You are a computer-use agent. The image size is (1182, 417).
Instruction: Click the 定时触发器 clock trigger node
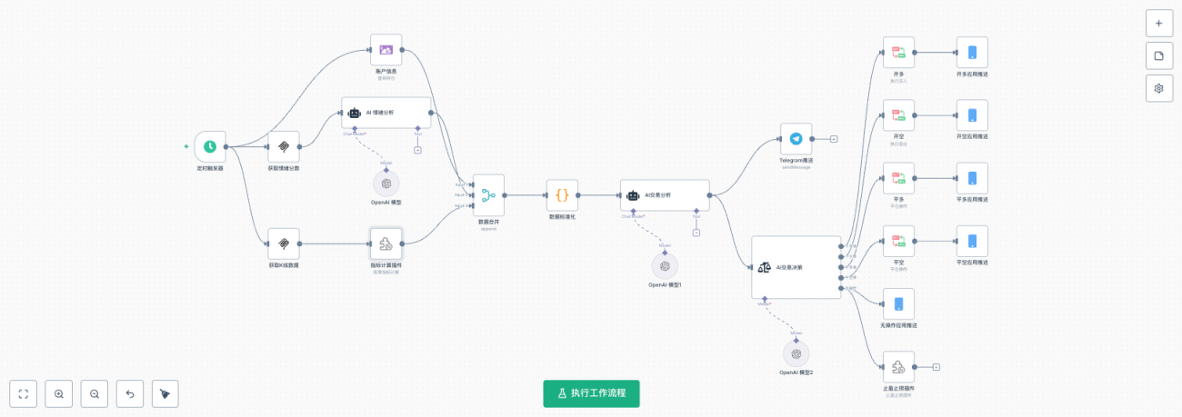click(x=210, y=146)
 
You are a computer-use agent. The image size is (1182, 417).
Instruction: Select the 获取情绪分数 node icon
click(x=284, y=146)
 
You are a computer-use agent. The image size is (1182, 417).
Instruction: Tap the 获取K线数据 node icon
click(x=284, y=243)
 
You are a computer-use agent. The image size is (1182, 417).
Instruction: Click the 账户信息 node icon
click(x=386, y=50)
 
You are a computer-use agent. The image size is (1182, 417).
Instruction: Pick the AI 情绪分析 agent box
click(x=386, y=113)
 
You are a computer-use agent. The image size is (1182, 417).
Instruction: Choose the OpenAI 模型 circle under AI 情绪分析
click(x=386, y=183)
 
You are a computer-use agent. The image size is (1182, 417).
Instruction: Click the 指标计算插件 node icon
click(x=386, y=243)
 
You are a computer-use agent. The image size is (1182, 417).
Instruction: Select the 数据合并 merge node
click(x=488, y=194)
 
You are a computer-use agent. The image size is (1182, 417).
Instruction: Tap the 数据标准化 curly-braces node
click(x=562, y=194)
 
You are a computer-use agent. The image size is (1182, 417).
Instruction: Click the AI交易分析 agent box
click(x=665, y=194)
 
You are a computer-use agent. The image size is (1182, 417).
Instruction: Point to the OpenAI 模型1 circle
click(x=665, y=265)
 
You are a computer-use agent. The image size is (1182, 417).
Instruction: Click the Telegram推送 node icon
click(x=796, y=139)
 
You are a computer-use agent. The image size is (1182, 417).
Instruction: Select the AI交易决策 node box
click(x=796, y=267)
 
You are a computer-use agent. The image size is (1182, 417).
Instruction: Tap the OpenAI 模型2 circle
click(x=796, y=353)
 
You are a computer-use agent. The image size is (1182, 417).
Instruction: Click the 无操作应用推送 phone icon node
click(x=898, y=303)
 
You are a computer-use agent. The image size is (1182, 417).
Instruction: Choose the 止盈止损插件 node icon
click(x=898, y=367)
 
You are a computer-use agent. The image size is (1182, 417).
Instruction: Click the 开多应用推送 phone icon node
click(x=972, y=53)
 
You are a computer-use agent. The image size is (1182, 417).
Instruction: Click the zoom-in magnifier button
click(x=59, y=394)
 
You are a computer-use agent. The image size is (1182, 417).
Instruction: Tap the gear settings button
click(x=1158, y=88)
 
